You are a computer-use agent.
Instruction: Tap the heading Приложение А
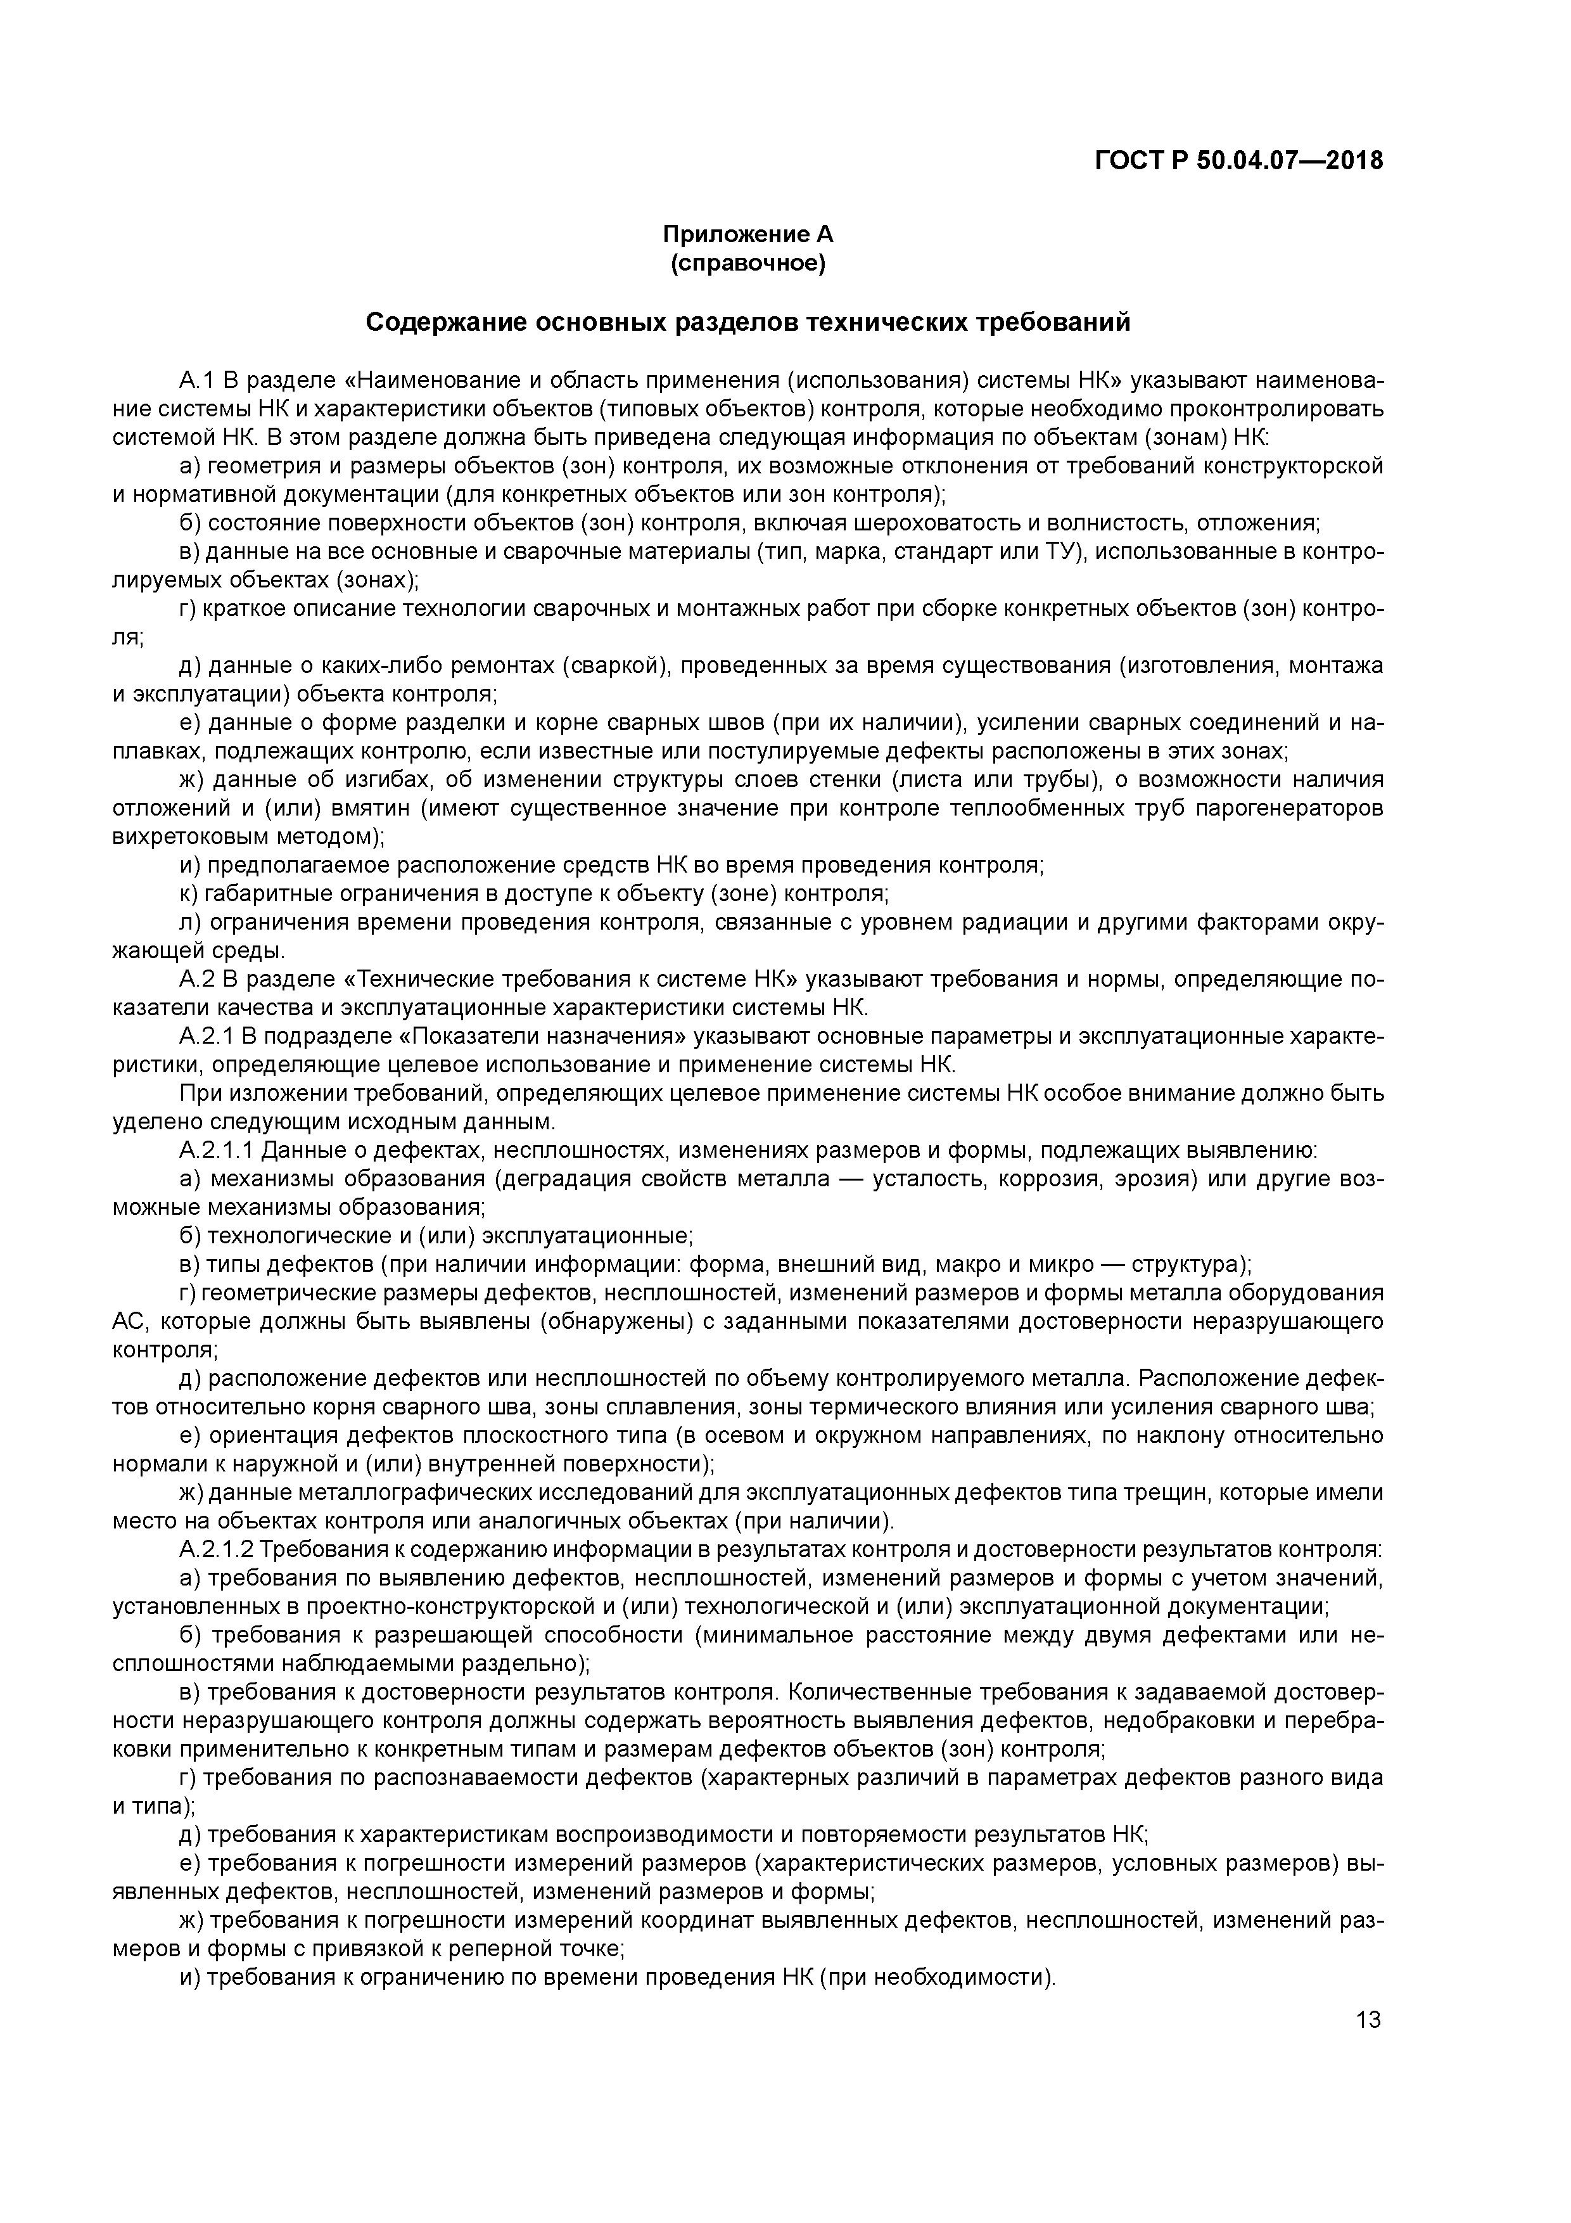point(747,234)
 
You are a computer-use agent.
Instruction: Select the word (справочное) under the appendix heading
point(747,264)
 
